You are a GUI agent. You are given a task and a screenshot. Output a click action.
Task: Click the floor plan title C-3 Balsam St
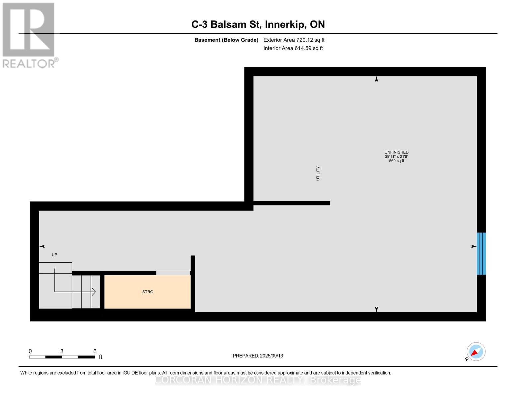pyautogui.click(x=258, y=24)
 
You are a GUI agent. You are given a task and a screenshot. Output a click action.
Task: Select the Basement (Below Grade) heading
pyautogui.click(x=226, y=40)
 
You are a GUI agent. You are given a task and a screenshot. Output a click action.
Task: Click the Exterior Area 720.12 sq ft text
pyautogui.click(x=294, y=40)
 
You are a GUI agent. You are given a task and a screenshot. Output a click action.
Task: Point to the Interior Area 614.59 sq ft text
pyautogui.click(x=293, y=48)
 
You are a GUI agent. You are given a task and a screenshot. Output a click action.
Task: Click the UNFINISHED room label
pyautogui.click(x=396, y=152)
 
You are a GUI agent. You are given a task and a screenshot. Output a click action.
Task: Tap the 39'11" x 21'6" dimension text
pyautogui.click(x=396, y=156)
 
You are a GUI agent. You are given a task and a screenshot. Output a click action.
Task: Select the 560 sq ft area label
pyautogui.click(x=396, y=161)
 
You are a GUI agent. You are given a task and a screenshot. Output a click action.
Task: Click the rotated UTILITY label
pyautogui.click(x=318, y=173)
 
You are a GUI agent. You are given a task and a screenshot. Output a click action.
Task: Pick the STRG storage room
pyautogui.click(x=148, y=292)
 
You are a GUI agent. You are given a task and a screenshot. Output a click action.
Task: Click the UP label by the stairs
pyautogui.click(x=54, y=255)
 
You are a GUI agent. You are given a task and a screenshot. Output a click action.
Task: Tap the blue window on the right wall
pyautogui.click(x=481, y=253)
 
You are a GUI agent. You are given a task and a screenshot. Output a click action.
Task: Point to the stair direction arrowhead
pyautogui.click(x=94, y=292)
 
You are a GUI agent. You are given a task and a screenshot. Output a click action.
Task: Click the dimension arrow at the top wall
pyautogui.click(x=376, y=79)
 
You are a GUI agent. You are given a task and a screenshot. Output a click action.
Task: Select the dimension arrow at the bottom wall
pyautogui.click(x=376, y=309)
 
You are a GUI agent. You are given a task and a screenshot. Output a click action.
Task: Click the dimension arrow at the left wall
pyautogui.click(x=42, y=246)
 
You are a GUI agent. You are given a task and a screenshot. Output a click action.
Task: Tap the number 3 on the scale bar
pyautogui.click(x=62, y=351)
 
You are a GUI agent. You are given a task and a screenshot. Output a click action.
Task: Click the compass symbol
pyautogui.click(x=476, y=352)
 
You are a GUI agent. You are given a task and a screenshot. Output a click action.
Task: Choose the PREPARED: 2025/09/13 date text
pyautogui.click(x=258, y=356)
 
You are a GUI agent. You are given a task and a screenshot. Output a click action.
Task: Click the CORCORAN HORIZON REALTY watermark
pyautogui.click(x=258, y=380)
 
